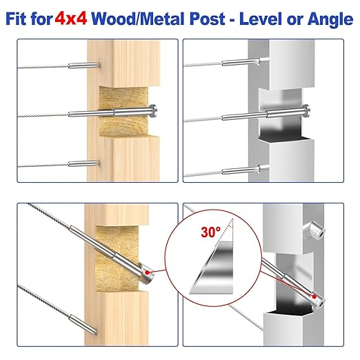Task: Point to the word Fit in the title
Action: (x=21, y=19)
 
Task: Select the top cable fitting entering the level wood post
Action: (x=83, y=66)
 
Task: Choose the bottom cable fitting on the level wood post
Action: (x=83, y=164)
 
